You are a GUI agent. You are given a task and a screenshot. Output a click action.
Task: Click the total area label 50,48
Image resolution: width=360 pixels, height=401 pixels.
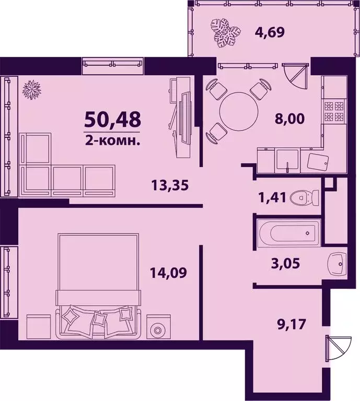tap(112, 120)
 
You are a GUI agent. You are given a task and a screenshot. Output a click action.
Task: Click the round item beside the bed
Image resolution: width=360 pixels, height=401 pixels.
tap(156, 329)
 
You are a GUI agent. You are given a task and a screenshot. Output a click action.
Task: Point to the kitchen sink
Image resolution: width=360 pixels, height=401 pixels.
tap(287, 159)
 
